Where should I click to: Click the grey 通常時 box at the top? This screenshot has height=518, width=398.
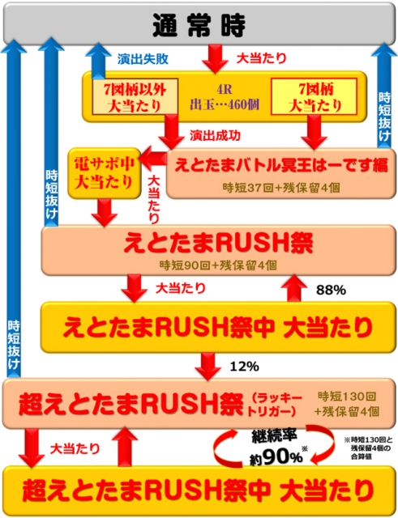(199, 23)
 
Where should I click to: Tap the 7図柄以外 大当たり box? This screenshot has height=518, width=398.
(135, 96)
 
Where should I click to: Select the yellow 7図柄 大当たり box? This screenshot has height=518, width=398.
(314, 96)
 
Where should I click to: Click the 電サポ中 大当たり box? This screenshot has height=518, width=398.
(105, 173)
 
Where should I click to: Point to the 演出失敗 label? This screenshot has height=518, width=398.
(143, 59)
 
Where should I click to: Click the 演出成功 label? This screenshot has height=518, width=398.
(215, 135)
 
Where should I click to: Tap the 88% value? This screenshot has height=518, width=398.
(331, 290)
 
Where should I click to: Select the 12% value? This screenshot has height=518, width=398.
(244, 366)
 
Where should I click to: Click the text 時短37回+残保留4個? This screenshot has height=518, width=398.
(281, 188)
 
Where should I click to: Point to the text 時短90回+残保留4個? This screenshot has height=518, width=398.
(218, 265)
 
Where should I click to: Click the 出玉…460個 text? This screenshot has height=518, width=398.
(225, 104)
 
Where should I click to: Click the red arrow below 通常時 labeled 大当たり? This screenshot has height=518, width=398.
(215, 59)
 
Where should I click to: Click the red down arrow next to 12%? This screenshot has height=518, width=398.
(208, 366)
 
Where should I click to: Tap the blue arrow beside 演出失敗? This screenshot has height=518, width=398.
(98, 62)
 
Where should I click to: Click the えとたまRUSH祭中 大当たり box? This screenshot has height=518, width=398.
(218, 327)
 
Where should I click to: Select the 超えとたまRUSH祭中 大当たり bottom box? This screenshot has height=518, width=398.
(199, 490)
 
